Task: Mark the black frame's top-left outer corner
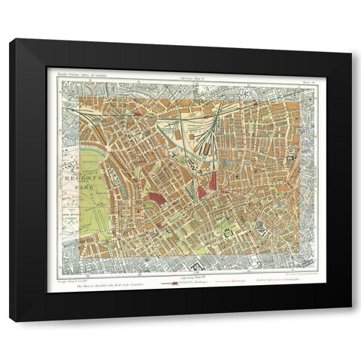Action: (10, 38)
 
